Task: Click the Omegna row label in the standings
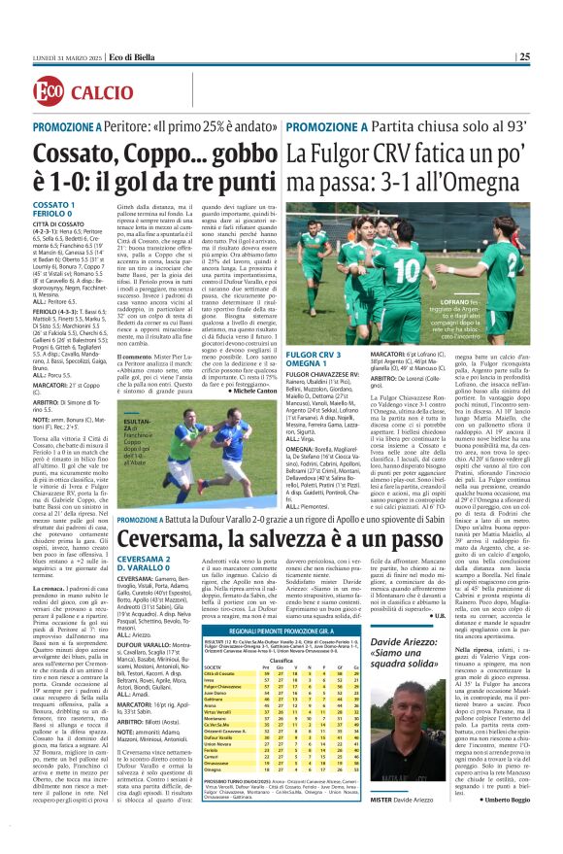212,793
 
